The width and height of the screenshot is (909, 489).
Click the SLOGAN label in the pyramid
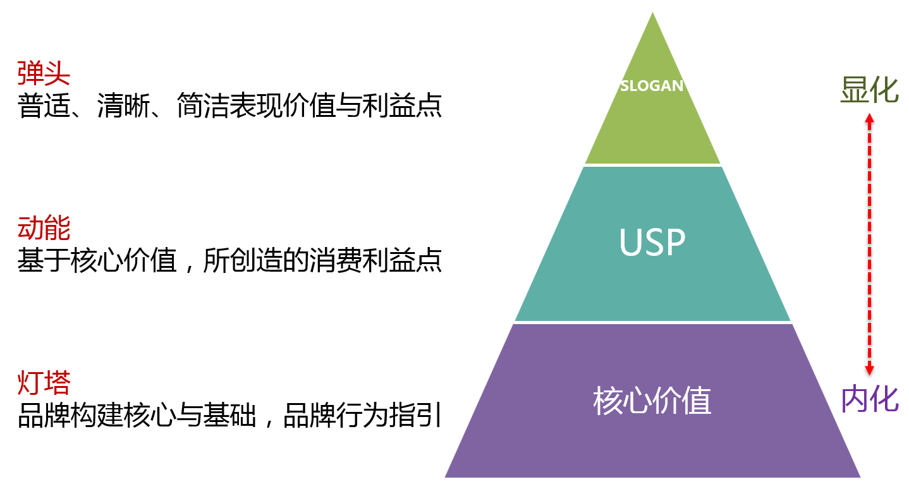(x=652, y=86)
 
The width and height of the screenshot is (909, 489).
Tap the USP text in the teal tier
(x=652, y=242)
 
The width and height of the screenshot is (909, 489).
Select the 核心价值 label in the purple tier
(x=652, y=401)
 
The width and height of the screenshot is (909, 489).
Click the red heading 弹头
(x=44, y=74)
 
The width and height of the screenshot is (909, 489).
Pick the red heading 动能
(x=44, y=228)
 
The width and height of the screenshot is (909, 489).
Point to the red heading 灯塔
(x=44, y=383)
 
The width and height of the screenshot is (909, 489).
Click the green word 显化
(x=869, y=91)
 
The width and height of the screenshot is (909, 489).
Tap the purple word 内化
(x=870, y=399)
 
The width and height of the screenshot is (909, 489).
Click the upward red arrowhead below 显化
(x=869, y=118)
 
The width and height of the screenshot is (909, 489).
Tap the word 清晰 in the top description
(x=123, y=106)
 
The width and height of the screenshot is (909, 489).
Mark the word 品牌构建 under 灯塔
(x=70, y=416)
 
